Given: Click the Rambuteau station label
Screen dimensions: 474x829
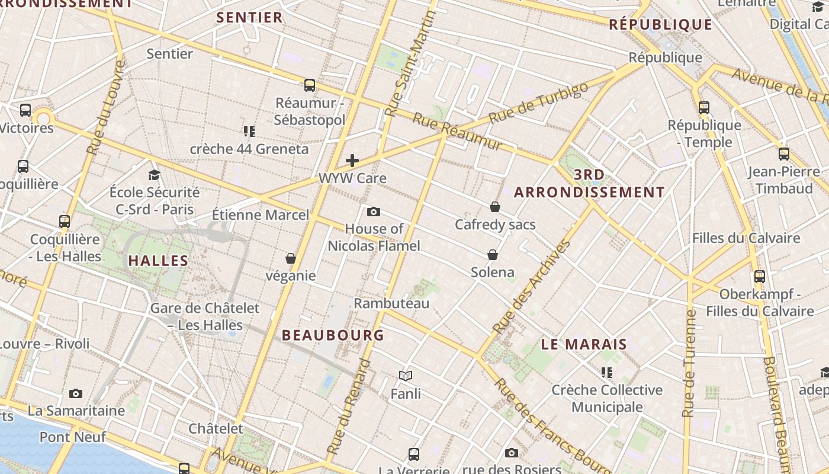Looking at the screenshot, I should coord(391,303).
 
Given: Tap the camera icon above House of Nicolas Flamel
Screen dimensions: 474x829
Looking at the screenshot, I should coord(374,212).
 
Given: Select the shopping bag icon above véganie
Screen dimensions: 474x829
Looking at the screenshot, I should coord(291,258).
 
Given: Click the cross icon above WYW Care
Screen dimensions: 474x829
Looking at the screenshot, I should coord(352,160).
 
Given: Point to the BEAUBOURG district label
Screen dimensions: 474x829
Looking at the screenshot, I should coord(333,335).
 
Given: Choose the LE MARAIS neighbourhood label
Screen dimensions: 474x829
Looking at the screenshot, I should coord(584,344).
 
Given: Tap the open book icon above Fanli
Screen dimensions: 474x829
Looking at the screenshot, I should coord(406,376).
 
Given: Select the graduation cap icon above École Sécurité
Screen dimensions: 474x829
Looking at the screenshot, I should coord(155,175).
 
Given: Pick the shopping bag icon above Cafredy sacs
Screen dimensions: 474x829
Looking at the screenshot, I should coord(495,207).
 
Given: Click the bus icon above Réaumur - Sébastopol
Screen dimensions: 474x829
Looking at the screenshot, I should coord(310,85).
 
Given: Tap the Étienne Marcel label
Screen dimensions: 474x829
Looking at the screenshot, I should coord(261,214).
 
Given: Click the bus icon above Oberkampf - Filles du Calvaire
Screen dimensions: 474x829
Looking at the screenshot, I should coord(760,276).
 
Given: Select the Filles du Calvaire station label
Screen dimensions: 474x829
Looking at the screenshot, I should coord(746,238).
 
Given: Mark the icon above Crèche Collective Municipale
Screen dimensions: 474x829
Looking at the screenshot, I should coord(607,372).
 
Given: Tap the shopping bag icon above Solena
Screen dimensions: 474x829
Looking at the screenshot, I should coord(493,255).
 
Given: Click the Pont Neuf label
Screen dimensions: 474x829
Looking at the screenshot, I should coord(73,437).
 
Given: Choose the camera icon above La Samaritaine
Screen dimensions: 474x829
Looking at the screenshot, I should coord(76,393).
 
